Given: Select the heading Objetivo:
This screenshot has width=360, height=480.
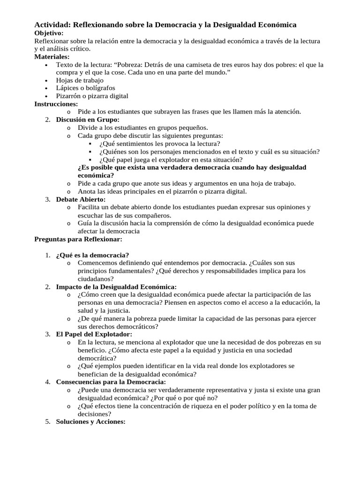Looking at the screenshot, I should pos(49,33).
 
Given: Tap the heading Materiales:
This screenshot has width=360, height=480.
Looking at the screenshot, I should pos(52,57).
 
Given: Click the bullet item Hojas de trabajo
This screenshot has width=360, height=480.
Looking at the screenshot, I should pos(80,80).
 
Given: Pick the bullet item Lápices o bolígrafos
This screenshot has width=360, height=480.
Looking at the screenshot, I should pos(85,88).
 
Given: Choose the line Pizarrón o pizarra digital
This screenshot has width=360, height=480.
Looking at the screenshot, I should pos(92,96).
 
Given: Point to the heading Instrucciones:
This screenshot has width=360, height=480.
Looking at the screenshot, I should pos(56,104).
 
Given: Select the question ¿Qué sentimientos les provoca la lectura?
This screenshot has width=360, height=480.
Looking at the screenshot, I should pos(159,143).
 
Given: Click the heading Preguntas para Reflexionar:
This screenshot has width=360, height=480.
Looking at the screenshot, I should pos(78,239).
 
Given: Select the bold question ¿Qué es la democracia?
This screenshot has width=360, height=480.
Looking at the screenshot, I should pos(92,255).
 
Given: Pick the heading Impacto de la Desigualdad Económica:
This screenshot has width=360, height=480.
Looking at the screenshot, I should pos(116,286).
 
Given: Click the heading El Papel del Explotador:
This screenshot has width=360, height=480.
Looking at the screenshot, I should pos(94,334).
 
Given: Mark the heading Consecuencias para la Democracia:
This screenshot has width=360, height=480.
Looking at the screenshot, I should pos(111,382).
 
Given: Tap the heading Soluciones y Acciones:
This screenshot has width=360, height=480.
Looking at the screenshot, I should pos(90,421).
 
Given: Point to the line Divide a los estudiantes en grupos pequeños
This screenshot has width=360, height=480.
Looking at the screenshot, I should pos(142,127).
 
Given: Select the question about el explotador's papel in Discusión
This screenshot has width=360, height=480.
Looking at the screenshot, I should pos(171,159).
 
